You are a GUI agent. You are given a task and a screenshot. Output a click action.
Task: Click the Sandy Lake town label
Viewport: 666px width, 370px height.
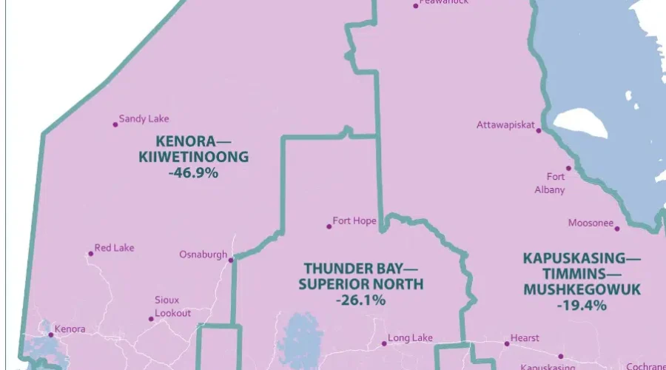(144, 118)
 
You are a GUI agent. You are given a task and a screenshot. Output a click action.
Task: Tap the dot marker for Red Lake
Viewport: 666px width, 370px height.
(91, 254)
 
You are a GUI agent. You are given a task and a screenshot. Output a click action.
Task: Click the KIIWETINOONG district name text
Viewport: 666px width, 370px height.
(193, 157)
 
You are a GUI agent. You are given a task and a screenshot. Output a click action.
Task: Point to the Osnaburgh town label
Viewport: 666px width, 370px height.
(203, 255)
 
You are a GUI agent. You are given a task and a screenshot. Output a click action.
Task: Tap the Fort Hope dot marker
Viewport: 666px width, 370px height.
(329, 226)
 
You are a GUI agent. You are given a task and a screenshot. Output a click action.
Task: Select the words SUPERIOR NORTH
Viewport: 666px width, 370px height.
(360, 284)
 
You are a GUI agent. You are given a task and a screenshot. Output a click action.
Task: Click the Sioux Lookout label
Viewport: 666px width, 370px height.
(172, 306)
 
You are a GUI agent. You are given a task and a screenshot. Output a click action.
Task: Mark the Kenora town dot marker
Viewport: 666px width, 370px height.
(51, 335)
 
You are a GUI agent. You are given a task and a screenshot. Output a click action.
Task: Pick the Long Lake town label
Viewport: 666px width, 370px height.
(410, 338)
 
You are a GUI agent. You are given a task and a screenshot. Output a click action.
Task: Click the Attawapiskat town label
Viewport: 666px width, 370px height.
(505, 125)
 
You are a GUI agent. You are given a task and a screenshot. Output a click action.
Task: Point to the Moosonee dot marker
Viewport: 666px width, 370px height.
(616, 228)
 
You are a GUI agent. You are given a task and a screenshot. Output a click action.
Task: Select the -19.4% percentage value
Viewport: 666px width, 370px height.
(582, 305)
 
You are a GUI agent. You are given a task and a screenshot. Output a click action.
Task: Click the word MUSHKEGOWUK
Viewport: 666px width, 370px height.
(582, 289)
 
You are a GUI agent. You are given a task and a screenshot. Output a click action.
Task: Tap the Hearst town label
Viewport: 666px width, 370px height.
(525, 338)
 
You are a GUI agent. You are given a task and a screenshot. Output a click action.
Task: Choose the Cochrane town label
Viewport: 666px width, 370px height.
(645, 366)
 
